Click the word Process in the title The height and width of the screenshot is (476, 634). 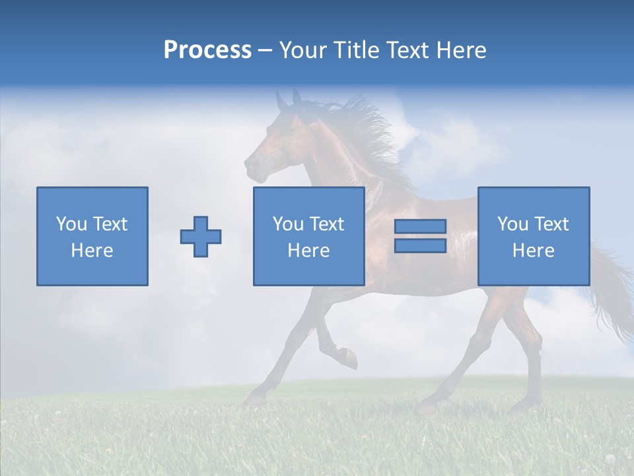207,50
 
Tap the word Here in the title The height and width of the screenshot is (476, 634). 460,50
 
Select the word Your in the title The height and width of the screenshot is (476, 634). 301,50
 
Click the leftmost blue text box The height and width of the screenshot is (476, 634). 92,236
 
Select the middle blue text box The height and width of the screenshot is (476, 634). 308,236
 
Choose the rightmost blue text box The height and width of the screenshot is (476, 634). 534,236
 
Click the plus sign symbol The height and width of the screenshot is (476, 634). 201,237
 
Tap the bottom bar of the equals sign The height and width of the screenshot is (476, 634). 420,246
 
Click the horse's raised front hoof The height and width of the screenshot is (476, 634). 350,359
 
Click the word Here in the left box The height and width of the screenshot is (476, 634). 92,251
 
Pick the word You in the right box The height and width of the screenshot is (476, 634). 512,224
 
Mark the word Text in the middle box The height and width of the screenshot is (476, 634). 327,224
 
